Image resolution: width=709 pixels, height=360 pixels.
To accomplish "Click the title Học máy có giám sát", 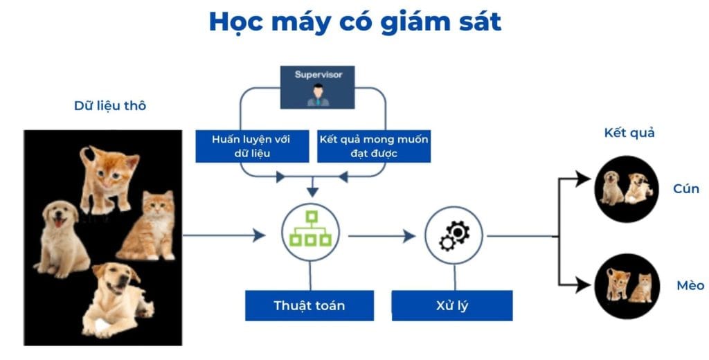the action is [355, 22].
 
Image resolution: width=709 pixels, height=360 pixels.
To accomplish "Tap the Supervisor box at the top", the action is [317, 87].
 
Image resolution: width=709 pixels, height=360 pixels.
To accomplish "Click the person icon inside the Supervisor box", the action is [318, 95].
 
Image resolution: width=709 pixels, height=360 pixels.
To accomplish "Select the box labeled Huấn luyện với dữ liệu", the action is [252, 146].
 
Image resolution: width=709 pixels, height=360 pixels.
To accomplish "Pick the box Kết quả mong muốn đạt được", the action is [374, 146].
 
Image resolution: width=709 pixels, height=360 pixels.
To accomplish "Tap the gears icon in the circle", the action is [454, 235].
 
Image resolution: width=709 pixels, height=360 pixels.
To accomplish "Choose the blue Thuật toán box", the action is [309, 306].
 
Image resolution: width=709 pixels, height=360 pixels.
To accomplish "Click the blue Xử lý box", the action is [452, 306].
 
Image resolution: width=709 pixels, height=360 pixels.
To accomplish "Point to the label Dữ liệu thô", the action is [110, 106].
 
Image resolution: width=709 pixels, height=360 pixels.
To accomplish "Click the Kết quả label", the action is [629, 133].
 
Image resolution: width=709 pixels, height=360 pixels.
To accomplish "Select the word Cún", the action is [686, 188].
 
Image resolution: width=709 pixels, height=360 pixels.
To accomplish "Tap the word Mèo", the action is [690, 285].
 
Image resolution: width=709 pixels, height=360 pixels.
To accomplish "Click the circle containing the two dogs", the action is [626, 189].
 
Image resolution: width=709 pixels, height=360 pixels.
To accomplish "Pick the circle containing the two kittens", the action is [627, 287].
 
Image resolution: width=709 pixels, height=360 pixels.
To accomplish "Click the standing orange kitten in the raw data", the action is [109, 179].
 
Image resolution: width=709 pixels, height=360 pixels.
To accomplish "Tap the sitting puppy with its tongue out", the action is [62, 238].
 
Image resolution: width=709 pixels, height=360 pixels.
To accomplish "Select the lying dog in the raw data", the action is [116, 299].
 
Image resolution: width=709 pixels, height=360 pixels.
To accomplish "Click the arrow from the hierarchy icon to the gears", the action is [382, 235].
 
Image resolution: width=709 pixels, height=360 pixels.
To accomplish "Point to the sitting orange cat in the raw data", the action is [147, 226].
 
